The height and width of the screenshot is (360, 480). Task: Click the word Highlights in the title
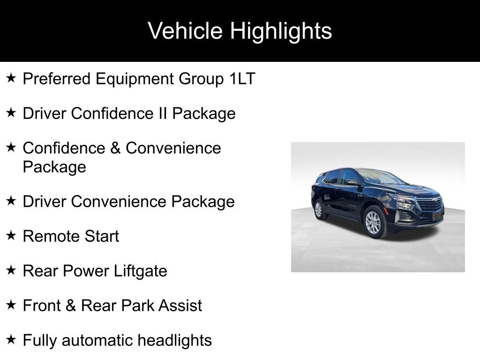tap(281, 31)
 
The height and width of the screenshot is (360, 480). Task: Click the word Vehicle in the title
tap(185, 31)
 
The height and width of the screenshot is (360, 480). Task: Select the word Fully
tap(40, 340)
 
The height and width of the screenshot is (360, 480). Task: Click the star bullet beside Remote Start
tap(11, 235)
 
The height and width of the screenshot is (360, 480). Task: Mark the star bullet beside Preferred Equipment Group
tap(11, 78)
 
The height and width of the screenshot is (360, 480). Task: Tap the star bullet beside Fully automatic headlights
tap(11, 339)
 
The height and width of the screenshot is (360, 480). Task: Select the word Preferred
tap(57, 79)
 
